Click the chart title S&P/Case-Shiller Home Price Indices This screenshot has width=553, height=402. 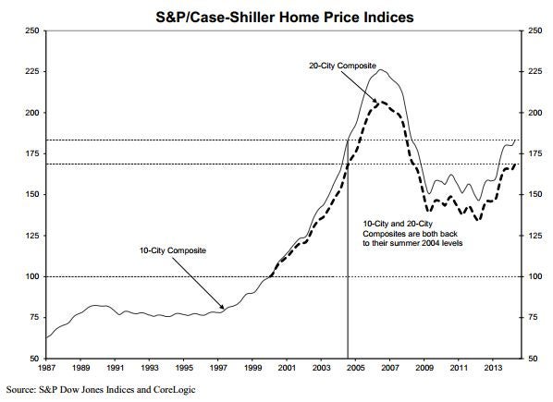pyautogui.click(x=284, y=17)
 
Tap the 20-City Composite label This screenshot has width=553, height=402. pyautogui.click(x=342, y=66)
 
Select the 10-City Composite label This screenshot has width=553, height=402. pyautogui.click(x=173, y=250)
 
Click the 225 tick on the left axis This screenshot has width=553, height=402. pyautogui.click(x=31, y=71)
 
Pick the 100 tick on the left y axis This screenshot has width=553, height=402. pyautogui.click(x=31, y=276)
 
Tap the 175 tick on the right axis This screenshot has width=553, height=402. pyautogui.click(x=535, y=153)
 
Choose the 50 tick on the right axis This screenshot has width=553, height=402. pyautogui.click(x=533, y=359)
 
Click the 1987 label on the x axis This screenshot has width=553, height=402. pyautogui.click(x=46, y=368)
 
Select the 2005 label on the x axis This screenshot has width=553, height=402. pyautogui.click(x=355, y=368)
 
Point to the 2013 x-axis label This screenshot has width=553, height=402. pyautogui.click(x=493, y=368)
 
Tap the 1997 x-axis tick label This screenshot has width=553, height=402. pyautogui.click(x=218, y=368)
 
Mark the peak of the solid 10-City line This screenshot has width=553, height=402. pyautogui.click(x=380, y=69)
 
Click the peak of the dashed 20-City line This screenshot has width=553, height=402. pyautogui.click(x=381, y=103)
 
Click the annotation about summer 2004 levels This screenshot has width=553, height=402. pyautogui.click(x=412, y=233)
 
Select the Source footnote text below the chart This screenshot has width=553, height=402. pyautogui.click(x=101, y=390)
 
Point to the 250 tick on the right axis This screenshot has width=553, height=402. pyautogui.click(x=535, y=30)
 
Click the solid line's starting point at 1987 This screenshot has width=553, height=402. pyautogui.click(x=46, y=337)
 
